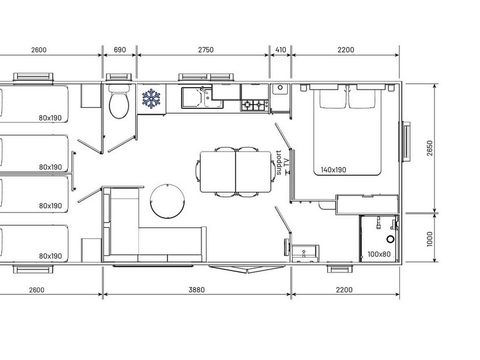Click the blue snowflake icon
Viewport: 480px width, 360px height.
pos(152,99)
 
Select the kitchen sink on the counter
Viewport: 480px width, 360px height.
pos(195,98)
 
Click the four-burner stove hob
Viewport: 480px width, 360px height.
pos(254,103)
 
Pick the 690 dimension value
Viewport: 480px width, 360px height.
pos(120,48)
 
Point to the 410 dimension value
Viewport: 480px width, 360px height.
pos(280,48)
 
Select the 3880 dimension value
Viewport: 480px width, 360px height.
pos(196,289)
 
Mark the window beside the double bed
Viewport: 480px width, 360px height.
pos(406,140)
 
